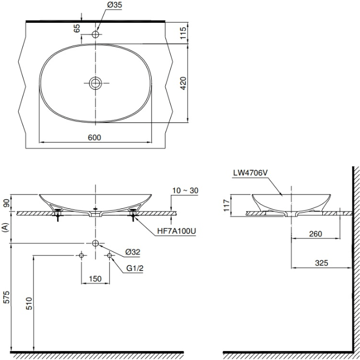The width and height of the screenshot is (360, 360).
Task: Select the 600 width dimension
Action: click(x=94, y=137)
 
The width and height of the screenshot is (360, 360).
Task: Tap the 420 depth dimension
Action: click(x=183, y=83)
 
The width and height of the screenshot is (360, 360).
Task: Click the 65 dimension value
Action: click(x=77, y=28)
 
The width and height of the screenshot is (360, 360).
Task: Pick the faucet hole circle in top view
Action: click(x=96, y=34)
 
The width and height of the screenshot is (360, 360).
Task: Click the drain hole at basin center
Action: click(x=96, y=83)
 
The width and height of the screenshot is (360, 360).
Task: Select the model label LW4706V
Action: click(x=249, y=173)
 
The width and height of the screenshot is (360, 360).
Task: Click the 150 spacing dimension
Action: click(x=95, y=279)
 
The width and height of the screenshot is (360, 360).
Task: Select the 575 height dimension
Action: click(x=7, y=297)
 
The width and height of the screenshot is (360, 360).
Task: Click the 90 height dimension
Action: click(x=7, y=204)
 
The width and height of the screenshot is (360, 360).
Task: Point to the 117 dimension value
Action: click(x=226, y=204)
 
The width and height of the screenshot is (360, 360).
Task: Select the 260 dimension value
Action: click(x=316, y=234)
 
